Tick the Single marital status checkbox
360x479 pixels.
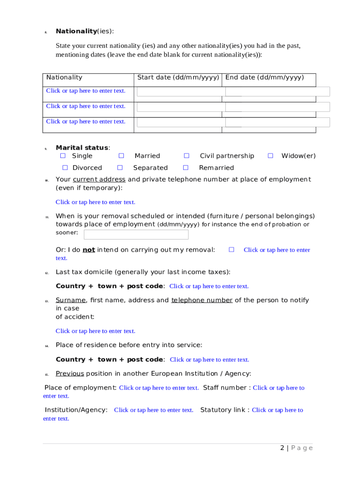tap(63, 156)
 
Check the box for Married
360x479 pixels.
tap(121, 156)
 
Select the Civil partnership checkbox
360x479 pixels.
tap(186, 156)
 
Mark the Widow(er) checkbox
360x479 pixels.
tap(270, 156)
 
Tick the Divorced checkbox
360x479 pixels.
tap(65, 167)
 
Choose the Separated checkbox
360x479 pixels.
tap(120, 167)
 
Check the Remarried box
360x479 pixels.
tap(186, 167)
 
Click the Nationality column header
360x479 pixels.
tap(64, 78)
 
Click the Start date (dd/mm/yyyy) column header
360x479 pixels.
tap(178, 78)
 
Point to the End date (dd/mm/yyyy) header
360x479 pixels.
tap(265, 78)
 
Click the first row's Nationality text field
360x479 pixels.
tap(86, 91)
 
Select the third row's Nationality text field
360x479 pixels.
tap(86, 122)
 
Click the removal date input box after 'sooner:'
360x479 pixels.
tap(136, 234)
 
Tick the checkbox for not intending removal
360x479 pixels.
tap(231, 250)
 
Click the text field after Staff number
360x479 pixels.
tap(278, 388)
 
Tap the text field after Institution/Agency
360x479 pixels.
tap(153, 410)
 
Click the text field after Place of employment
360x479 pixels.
tap(159, 388)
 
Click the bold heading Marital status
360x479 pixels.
tap(82, 148)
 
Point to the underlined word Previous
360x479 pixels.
tap(70, 373)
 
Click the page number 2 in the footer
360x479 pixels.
tap(282, 448)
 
